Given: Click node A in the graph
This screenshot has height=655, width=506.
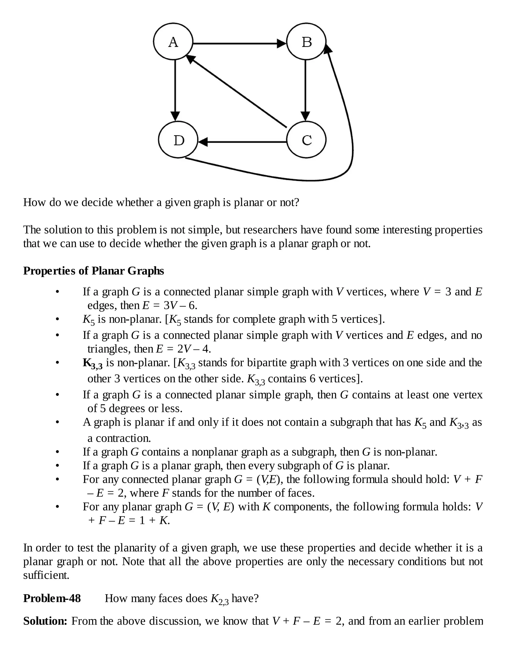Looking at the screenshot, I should click(173, 42).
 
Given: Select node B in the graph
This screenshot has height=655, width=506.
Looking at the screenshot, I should click(306, 42).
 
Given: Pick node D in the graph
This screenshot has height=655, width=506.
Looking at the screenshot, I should click(178, 140).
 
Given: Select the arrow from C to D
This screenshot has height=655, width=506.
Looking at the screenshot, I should click(243, 142).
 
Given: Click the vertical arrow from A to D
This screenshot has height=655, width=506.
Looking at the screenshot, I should click(175, 90).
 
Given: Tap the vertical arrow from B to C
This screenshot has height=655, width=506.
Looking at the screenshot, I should click(305, 90).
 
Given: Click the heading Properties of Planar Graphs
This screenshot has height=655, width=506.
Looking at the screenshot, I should click(94, 271).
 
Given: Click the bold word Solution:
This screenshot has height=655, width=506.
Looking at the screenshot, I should click(45, 621).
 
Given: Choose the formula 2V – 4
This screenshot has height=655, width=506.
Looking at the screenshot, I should click(194, 349).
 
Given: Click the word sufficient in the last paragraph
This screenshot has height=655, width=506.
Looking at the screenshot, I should click(46, 575).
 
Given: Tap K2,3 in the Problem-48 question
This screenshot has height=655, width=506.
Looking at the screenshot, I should click(220, 599).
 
